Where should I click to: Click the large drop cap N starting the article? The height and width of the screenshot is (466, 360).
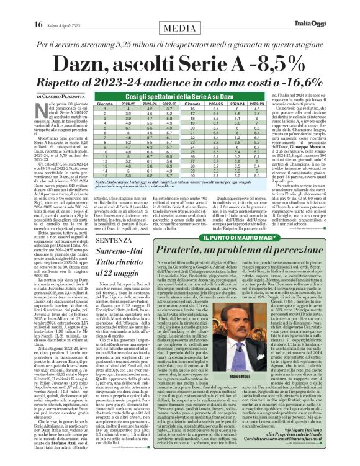41,110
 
